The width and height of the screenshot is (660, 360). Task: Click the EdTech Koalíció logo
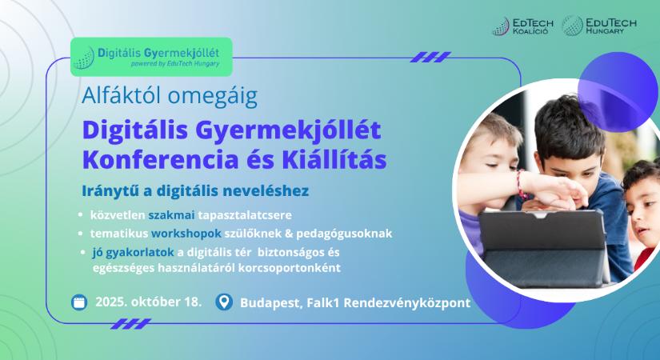click(522, 26)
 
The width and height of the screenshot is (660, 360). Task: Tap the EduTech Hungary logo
click(600, 26)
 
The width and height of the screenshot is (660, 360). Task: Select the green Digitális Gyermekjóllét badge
click(151, 57)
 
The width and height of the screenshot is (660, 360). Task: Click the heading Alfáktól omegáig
click(170, 97)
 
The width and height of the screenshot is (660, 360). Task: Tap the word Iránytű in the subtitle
click(110, 190)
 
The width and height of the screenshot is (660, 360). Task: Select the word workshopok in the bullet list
click(186, 234)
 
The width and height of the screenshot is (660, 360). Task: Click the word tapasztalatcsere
click(245, 215)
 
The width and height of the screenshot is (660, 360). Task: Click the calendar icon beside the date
click(79, 302)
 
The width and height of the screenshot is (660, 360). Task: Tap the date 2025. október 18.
click(149, 302)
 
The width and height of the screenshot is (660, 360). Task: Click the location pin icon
click(224, 302)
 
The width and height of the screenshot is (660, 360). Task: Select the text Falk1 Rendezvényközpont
click(389, 302)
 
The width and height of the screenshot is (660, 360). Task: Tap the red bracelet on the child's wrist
click(521, 185)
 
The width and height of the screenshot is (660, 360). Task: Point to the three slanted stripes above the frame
click(430, 58)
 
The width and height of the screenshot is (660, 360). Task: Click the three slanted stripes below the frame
click(130, 324)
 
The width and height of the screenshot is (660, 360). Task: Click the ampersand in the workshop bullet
click(289, 234)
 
